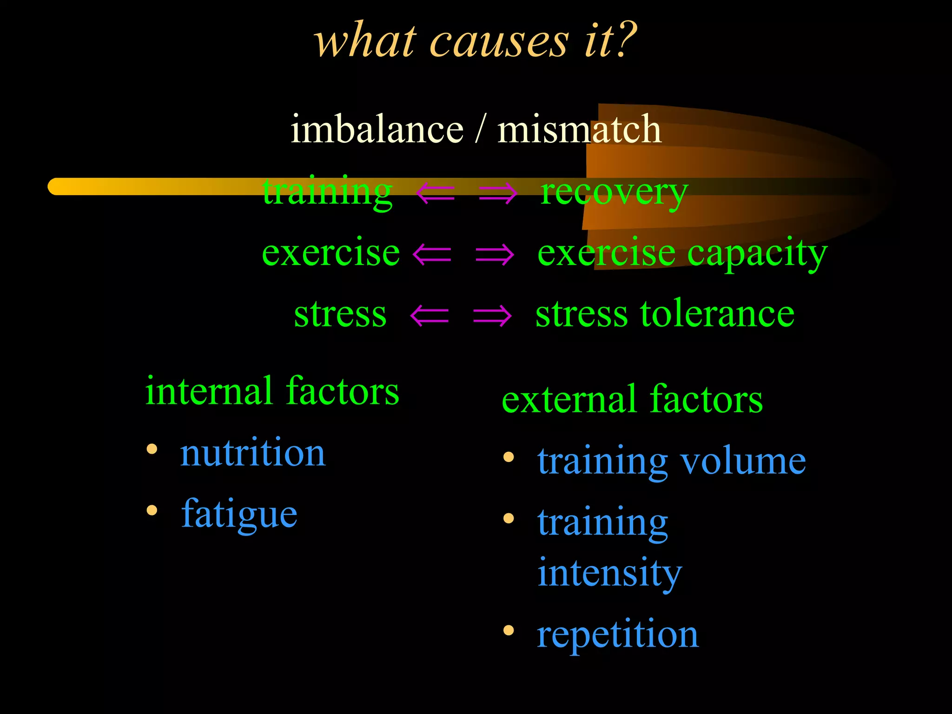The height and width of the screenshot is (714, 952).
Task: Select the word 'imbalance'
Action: [x=377, y=129]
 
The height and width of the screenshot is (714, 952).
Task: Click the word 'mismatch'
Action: [x=579, y=129]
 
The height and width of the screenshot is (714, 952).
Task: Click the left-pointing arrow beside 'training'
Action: [x=435, y=193]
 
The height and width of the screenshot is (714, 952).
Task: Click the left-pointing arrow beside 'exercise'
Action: [x=432, y=254]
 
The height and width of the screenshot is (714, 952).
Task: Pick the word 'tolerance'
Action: [x=718, y=314]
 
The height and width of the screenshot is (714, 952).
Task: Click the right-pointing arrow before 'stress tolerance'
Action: [x=492, y=316]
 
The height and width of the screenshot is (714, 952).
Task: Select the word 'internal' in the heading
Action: [x=209, y=391]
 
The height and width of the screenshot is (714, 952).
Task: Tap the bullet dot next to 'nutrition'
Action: [x=152, y=449]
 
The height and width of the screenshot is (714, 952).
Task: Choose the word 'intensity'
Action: [x=609, y=573]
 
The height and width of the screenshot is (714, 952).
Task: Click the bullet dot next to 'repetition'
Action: [x=509, y=630]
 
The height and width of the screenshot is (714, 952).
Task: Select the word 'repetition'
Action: [x=617, y=635]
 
